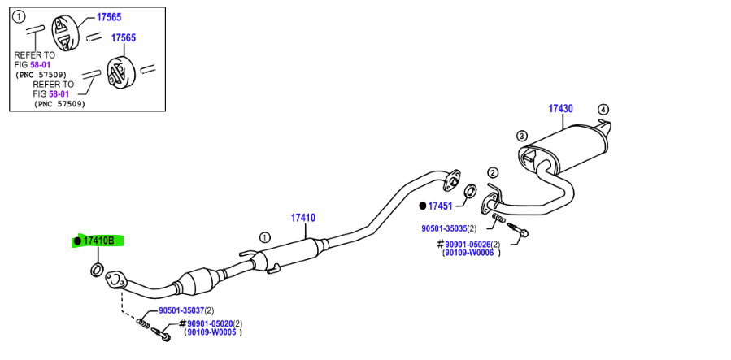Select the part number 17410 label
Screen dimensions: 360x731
pyautogui.click(x=303, y=218)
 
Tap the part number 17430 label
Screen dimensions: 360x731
pyautogui.click(x=560, y=109)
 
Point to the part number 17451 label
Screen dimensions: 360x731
pyautogui.click(x=440, y=206)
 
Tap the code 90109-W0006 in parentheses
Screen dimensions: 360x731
pyautogui.click(x=470, y=253)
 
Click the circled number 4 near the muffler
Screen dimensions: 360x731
pyautogui.click(x=603, y=110)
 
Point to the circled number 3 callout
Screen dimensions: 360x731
pyautogui.click(x=522, y=136)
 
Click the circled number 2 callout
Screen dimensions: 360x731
pyautogui.click(x=492, y=172)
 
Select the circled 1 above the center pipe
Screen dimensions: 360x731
pyautogui.click(x=264, y=237)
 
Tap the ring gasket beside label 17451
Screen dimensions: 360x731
pyautogui.click(x=469, y=193)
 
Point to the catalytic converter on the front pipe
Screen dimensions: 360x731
pyautogui.click(x=201, y=282)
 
